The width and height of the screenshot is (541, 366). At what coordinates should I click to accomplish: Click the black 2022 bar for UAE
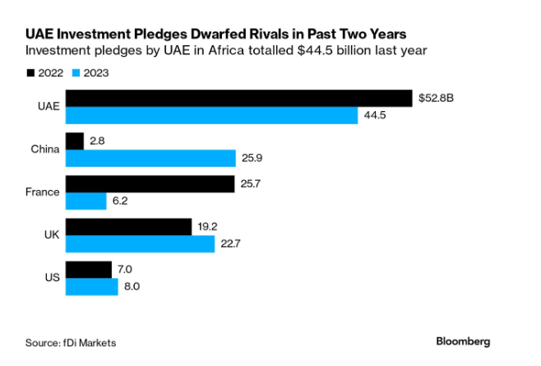coord(238,98)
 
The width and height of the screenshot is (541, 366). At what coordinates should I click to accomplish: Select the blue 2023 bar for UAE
coord(212,115)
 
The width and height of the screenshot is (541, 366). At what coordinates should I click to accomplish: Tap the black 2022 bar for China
coord(75,141)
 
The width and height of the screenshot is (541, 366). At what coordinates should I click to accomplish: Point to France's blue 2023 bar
coord(86,201)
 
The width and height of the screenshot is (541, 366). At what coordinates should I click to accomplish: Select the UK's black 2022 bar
coord(128,226)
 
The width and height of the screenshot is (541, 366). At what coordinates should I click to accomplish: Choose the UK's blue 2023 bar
coord(140,243)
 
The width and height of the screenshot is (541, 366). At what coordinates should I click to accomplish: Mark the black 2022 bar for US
coord(89,269)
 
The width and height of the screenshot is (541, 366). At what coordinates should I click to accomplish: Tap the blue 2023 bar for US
coord(92,286)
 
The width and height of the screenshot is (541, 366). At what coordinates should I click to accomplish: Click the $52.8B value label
coord(434,98)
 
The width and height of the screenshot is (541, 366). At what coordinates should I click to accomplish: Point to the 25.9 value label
coord(251,158)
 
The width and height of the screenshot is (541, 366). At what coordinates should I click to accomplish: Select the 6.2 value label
coord(121,201)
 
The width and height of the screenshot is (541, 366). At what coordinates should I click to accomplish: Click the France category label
coord(43,192)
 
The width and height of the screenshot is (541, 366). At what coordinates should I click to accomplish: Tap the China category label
coord(45,149)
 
